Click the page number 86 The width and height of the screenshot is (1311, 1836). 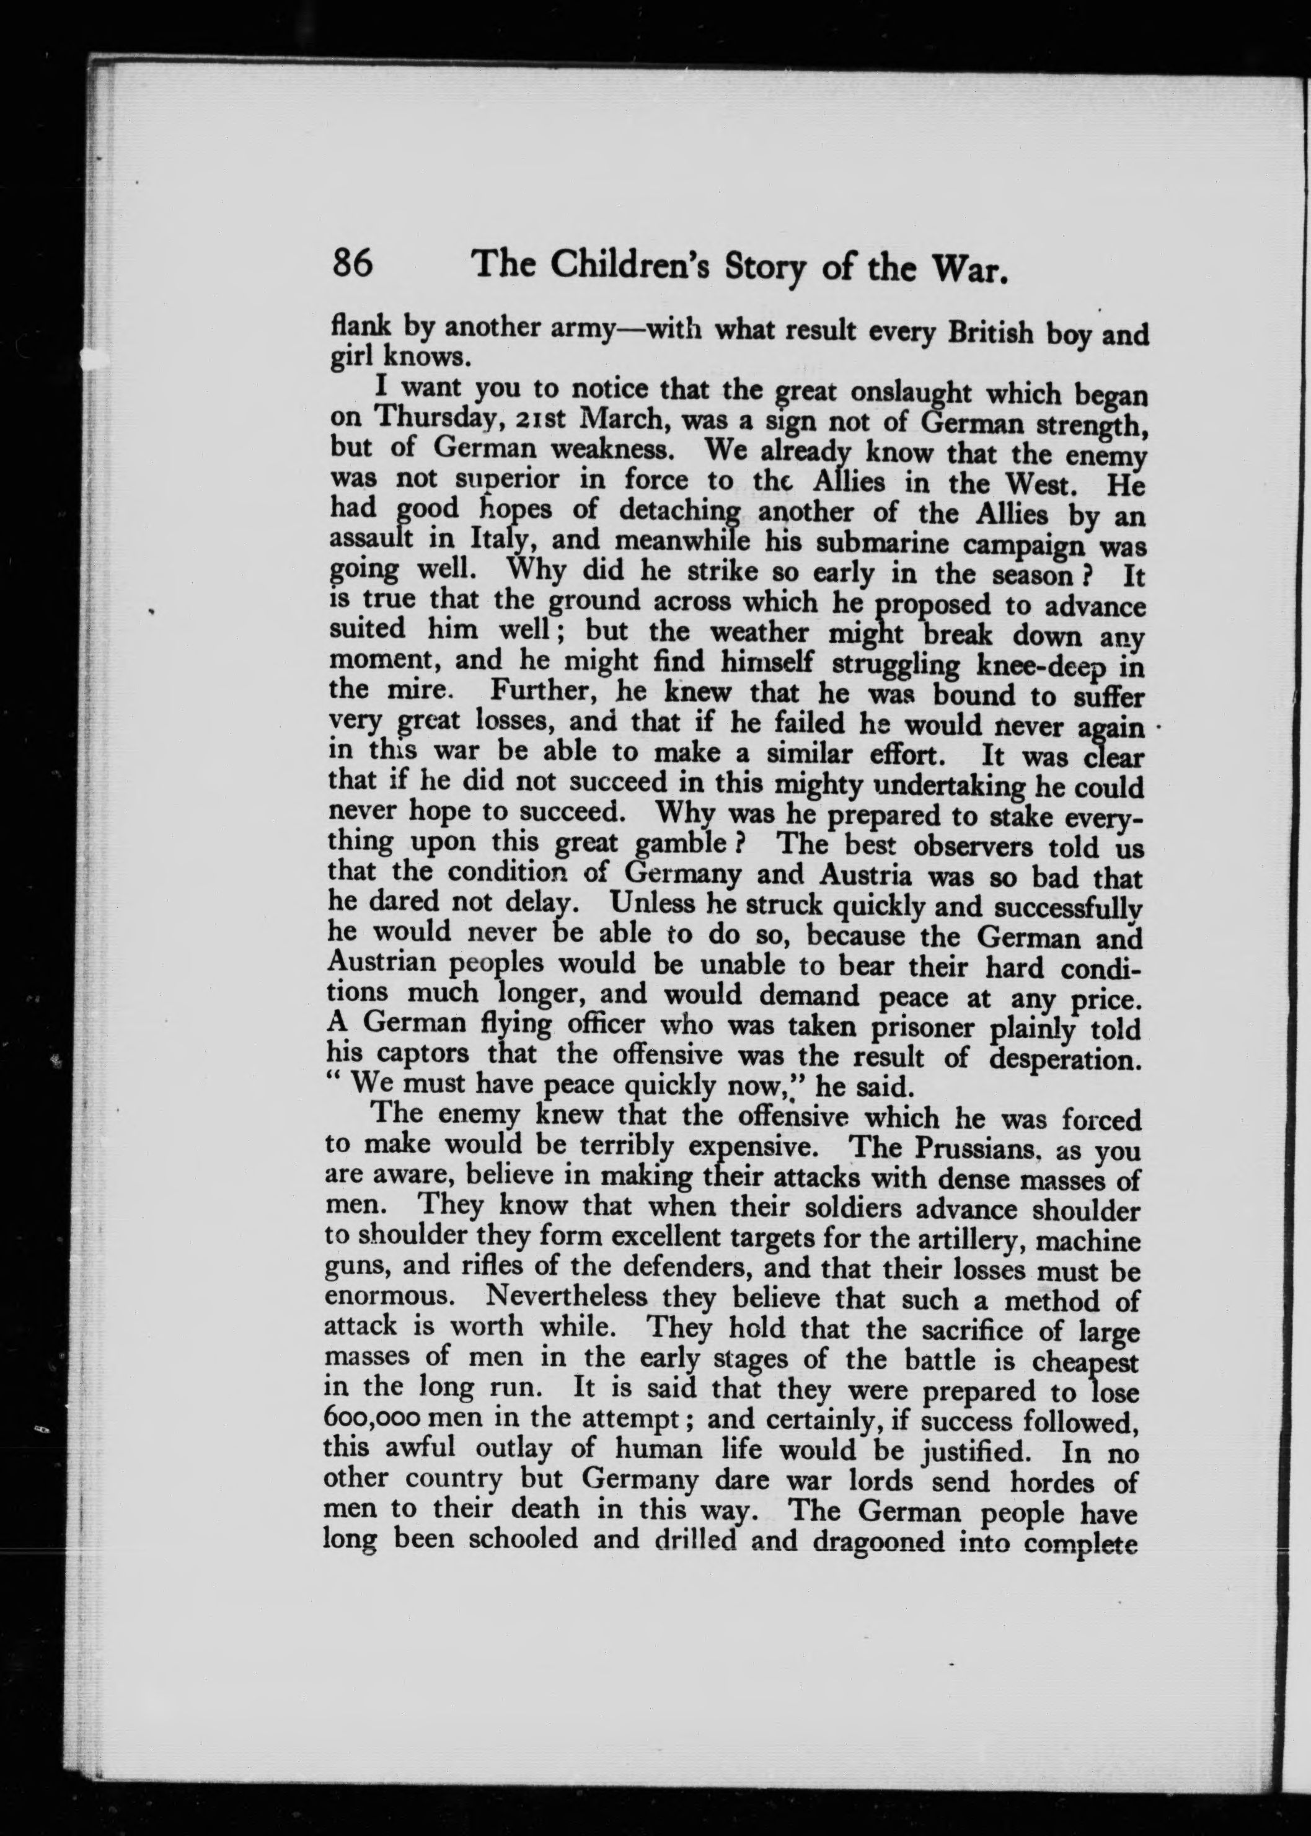click(x=352, y=263)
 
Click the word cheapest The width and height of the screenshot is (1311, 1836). click(x=1084, y=1362)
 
